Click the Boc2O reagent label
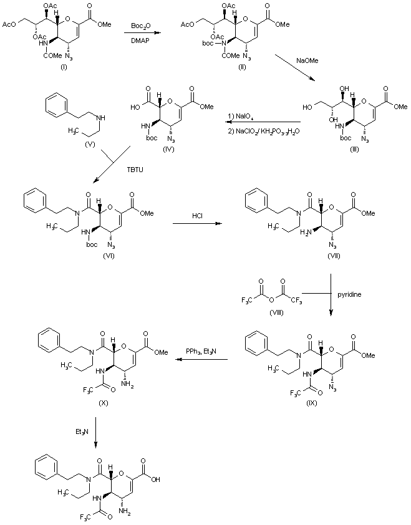pyautogui.click(x=140, y=26)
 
